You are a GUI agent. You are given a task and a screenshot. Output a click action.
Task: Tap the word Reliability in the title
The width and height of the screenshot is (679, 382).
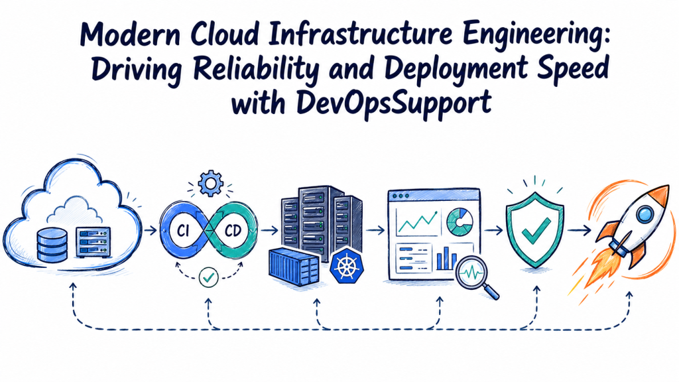(255, 68)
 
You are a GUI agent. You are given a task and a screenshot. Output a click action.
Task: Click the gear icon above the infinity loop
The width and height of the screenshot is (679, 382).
(210, 184)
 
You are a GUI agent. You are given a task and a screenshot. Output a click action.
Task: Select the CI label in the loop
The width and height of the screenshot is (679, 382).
(183, 231)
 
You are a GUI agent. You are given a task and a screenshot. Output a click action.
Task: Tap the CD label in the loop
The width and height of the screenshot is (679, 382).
(233, 231)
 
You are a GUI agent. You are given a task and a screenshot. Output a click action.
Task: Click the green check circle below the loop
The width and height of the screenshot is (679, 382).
(208, 277)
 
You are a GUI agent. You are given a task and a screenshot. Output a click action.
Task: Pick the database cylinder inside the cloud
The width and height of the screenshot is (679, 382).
(52, 245)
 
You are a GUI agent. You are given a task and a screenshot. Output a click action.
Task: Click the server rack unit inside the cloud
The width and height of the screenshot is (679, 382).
(93, 243)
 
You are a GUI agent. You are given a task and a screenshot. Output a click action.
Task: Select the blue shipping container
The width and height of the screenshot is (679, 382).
(294, 267)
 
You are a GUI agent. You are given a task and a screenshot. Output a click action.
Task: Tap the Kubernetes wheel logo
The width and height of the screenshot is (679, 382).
(346, 266)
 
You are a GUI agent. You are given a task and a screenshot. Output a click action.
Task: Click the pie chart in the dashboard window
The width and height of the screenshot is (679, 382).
(460, 222)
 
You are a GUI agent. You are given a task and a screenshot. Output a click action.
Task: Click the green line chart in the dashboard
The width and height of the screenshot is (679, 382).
(418, 222)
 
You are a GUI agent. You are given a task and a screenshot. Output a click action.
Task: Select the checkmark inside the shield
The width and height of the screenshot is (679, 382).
(536, 229)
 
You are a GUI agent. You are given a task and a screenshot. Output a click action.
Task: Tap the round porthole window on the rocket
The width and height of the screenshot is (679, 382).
(645, 214)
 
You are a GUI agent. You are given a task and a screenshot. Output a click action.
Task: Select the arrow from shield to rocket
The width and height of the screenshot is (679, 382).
(579, 230)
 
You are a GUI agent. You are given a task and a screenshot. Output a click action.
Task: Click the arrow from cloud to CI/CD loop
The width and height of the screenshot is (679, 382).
(151, 230)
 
